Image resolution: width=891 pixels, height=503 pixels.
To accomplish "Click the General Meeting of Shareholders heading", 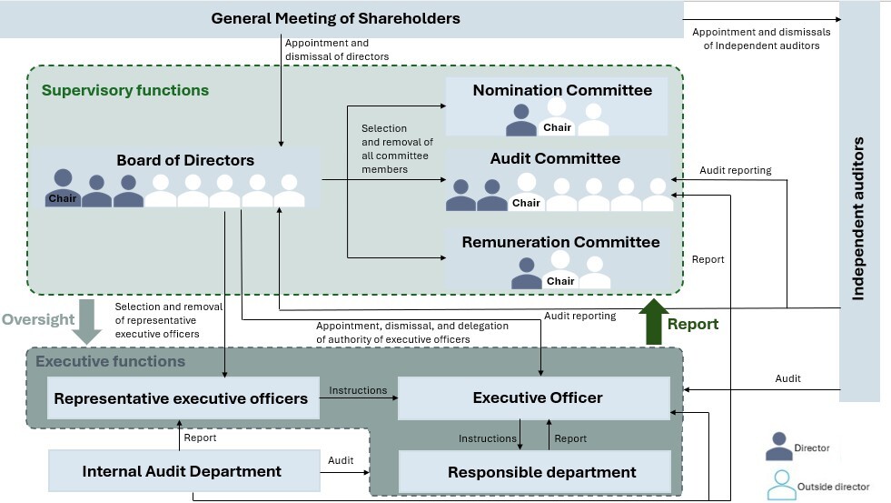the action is click(x=335, y=18).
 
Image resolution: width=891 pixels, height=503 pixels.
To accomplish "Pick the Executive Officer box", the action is click(x=534, y=397).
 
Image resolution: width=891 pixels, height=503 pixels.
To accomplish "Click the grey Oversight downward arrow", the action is click(x=87, y=321).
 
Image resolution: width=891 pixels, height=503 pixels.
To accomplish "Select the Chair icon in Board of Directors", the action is click(x=63, y=187).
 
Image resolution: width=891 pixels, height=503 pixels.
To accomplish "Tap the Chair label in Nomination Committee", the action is click(x=557, y=127).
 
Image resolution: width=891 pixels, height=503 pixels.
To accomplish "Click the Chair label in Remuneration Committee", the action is click(x=560, y=281).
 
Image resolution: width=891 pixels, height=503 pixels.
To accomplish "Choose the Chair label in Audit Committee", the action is click(x=526, y=203).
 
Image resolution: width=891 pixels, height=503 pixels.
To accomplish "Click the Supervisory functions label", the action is click(x=125, y=90).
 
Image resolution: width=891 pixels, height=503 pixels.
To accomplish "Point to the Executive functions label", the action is click(x=110, y=361).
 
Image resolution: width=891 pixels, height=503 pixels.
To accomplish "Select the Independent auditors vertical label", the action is click(x=858, y=218).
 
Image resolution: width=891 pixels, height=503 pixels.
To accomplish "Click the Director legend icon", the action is click(x=778, y=446).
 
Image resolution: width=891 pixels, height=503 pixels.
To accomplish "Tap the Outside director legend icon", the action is click(x=781, y=485).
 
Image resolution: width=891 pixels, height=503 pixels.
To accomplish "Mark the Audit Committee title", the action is click(x=555, y=158).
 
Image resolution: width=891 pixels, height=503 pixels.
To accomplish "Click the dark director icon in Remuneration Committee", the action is click(x=526, y=273).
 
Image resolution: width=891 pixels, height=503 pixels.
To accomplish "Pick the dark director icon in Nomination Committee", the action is click(x=521, y=119).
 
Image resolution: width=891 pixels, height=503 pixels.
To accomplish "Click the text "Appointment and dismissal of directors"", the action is click(x=337, y=49).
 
